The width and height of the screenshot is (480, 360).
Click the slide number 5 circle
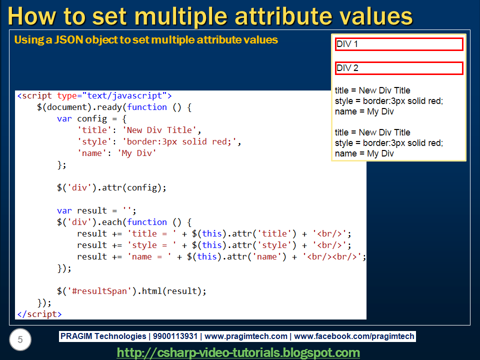pyautogui.click(x=20, y=340)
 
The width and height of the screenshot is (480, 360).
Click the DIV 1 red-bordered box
pyautogui.click(x=399, y=44)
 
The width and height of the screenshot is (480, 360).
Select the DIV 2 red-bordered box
pyautogui.click(x=399, y=68)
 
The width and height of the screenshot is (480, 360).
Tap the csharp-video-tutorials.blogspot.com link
pyautogui.click(x=238, y=352)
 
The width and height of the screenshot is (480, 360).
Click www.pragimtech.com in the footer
pyautogui.click(x=246, y=336)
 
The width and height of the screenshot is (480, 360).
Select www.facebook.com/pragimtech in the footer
pyautogui.click(x=354, y=336)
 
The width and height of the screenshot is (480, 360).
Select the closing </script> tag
pyautogui.click(x=39, y=314)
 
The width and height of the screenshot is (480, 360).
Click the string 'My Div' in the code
pyautogui.click(x=137, y=153)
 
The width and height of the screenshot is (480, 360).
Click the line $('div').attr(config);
pyautogui.click(x=111, y=187)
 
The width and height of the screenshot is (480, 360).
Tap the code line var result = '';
pyautogui.click(x=96, y=210)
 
